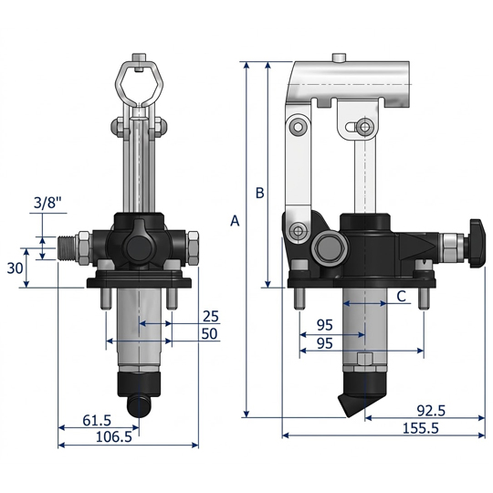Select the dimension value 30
(15, 268)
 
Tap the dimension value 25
(210, 316)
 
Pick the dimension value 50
(209, 334)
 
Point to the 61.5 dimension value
(97, 420)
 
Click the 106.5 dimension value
(114, 437)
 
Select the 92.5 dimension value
(431, 411)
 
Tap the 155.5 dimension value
(421, 428)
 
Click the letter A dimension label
(235, 221)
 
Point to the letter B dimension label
(259, 193)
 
